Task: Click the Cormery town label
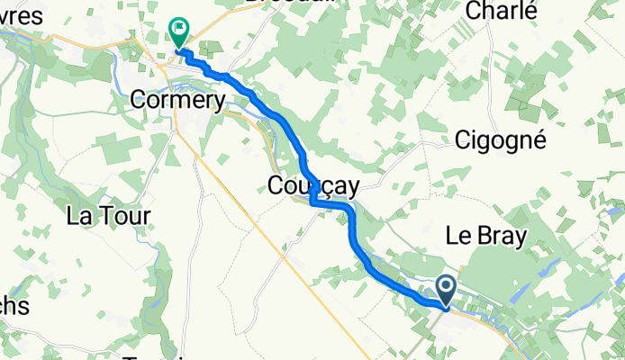click(x=177, y=100)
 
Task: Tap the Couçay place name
click(x=313, y=186)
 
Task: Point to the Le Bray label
click(x=486, y=235)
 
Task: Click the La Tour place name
click(x=109, y=216)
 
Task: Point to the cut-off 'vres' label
click(x=20, y=18)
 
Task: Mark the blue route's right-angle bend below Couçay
click(x=312, y=204)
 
